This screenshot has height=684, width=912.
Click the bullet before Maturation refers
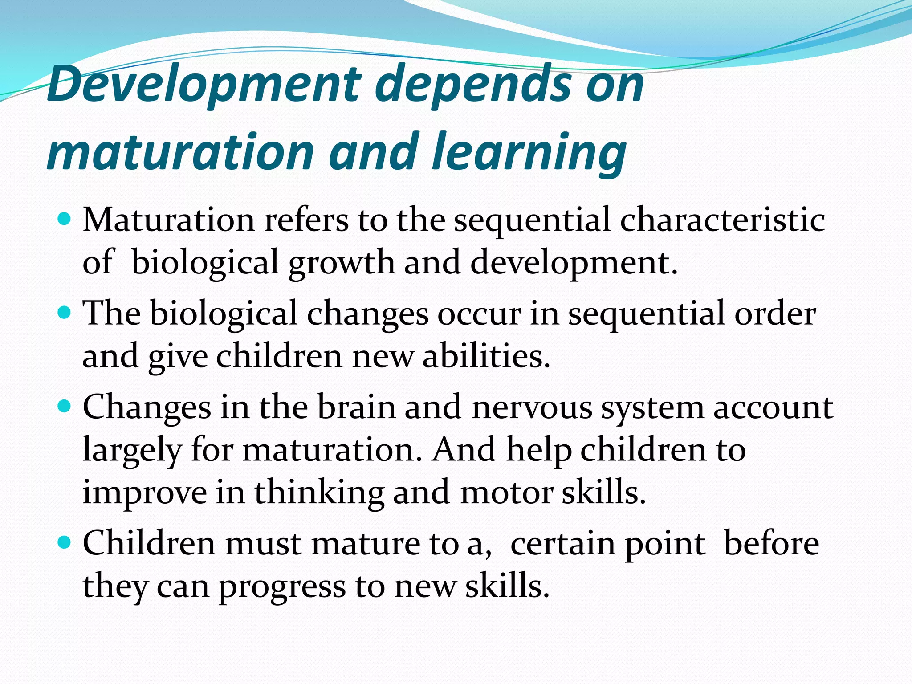point(65,219)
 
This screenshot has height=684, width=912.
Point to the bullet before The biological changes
point(65,313)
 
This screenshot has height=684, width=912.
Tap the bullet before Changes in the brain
point(65,407)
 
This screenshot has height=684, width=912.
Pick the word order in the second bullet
point(775,314)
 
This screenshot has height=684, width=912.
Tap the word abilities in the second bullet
point(486,357)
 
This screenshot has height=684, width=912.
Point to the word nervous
point(532,407)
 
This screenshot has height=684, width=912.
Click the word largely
point(132,450)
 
